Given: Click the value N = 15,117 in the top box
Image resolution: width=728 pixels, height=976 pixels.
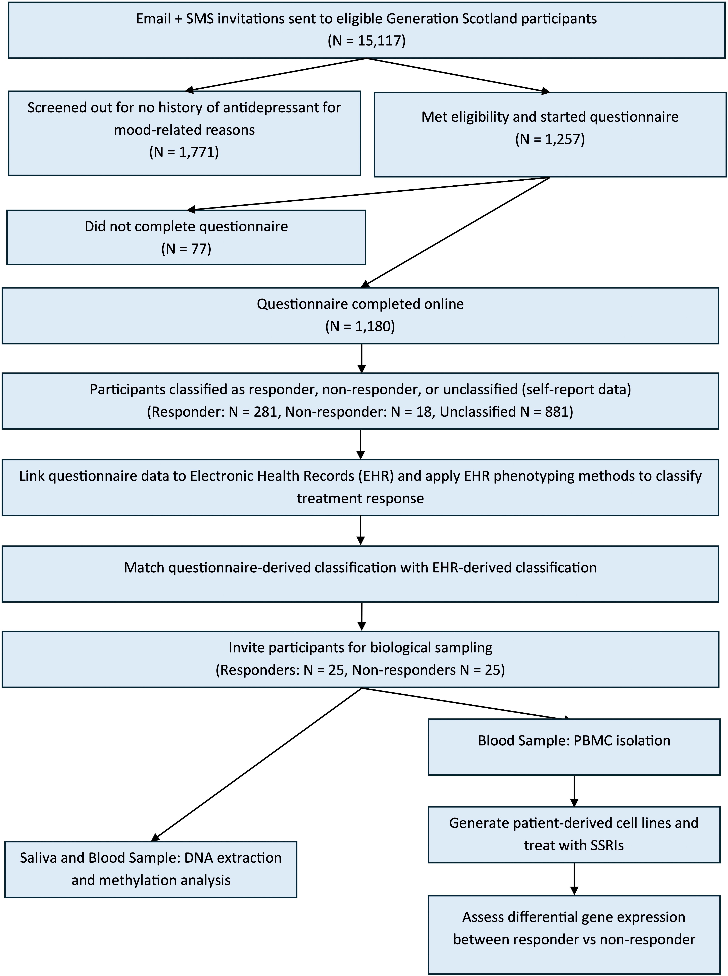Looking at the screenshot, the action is tap(367, 41).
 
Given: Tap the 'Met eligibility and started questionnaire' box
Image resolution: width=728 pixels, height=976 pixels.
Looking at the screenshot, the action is tap(550, 134).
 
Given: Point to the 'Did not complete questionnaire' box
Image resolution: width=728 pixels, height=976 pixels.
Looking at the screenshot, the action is tap(186, 237).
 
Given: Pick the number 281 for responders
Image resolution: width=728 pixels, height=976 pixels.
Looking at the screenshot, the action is tap(266, 412).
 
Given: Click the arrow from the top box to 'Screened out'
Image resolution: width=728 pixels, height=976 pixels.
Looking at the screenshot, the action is tap(277, 75).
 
